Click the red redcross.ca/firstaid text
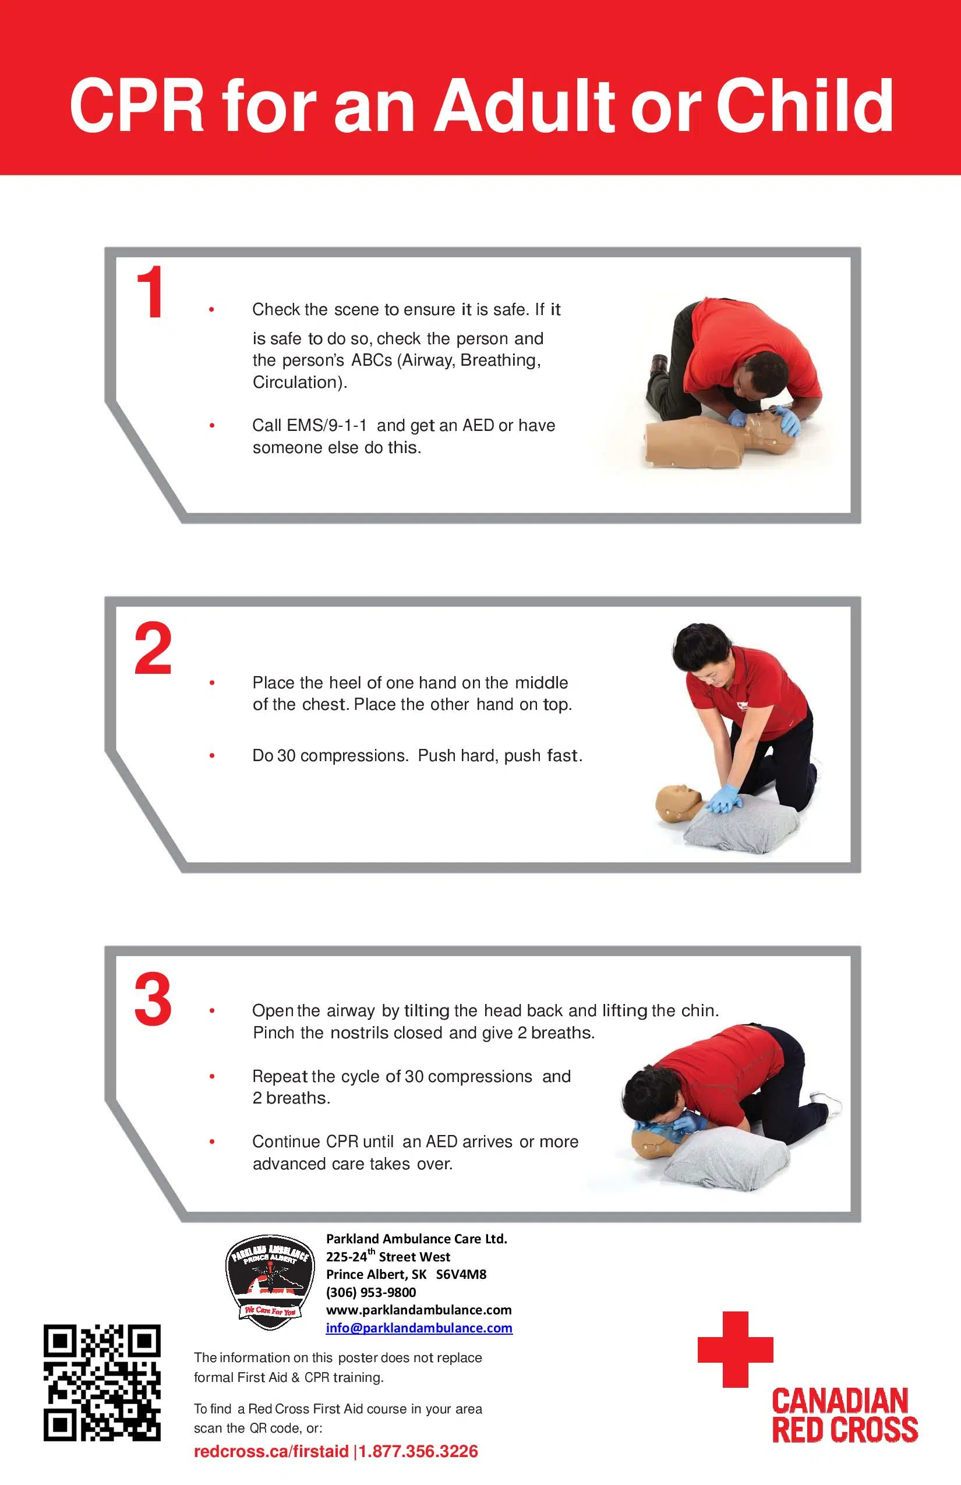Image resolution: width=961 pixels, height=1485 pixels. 271,1451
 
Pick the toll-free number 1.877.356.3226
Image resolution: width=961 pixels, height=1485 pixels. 418,1451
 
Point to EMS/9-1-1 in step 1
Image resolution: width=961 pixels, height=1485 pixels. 326,426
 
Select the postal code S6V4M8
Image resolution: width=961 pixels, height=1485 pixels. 461,1274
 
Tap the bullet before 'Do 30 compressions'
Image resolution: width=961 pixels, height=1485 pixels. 212,756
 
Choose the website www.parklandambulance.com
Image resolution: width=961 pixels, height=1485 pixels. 419,1310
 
